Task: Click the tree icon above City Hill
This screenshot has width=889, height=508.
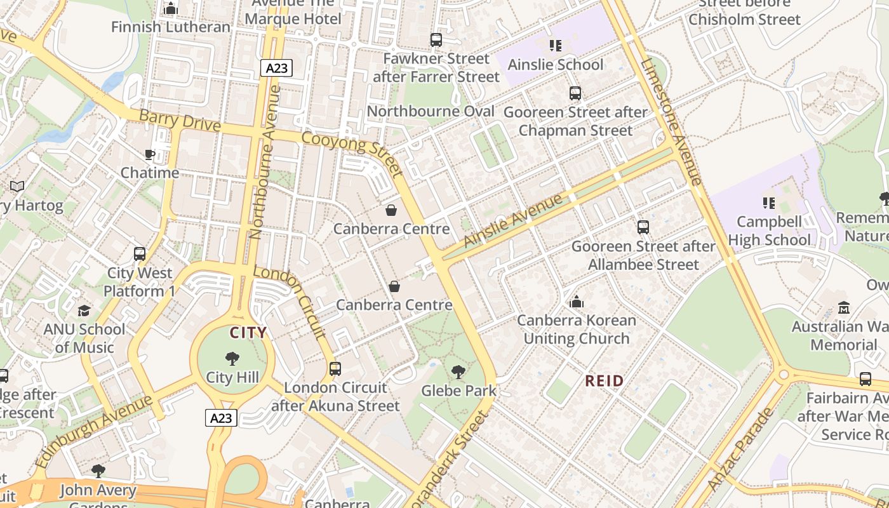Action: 232,359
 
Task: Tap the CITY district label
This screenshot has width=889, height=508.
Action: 248,333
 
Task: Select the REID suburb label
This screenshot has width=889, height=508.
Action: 604,381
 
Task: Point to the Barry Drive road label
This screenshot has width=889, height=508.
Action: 180,121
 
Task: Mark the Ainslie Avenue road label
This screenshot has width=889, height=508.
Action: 513,220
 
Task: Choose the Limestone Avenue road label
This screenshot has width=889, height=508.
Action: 671,121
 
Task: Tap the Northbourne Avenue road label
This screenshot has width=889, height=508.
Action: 265,162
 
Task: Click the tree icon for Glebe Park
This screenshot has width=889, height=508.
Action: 458,372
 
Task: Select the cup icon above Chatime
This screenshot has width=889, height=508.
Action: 150,154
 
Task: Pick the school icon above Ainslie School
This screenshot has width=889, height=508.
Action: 556,46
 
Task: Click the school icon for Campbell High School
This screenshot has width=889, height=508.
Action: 769,203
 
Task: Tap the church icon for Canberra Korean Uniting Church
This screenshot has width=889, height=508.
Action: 577,302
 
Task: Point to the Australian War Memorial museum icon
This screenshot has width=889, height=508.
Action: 843,308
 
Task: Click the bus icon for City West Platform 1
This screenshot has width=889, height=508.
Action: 140,254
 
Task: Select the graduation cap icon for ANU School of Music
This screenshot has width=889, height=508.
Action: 84,311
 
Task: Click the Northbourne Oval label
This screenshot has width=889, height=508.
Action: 431,111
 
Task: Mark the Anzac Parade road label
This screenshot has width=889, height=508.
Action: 740,448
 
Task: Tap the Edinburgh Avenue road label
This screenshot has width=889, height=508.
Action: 95,431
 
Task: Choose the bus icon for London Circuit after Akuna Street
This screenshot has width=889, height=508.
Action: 335,368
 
